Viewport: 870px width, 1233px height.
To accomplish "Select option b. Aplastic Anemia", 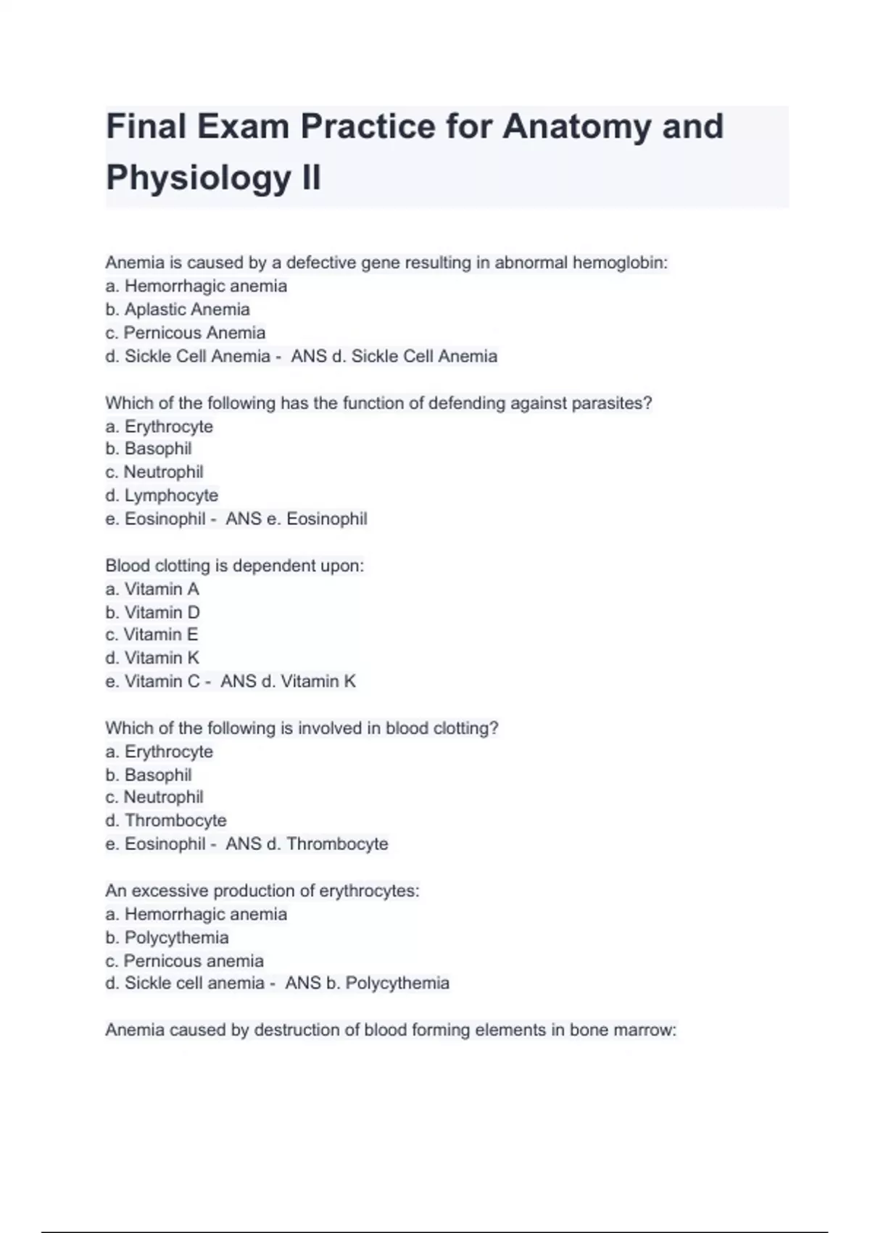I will [x=178, y=310].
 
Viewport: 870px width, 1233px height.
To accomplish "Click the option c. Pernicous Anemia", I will [x=186, y=333].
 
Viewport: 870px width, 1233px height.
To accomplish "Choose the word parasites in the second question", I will [x=611, y=403].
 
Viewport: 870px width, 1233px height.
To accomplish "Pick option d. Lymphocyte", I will [x=162, y=495].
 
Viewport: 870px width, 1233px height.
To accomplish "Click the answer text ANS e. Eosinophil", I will [x=297, y=519].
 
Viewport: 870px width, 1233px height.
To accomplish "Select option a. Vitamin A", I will [x=152, y=589].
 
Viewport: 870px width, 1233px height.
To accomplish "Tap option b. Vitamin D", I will [x=152, y=612].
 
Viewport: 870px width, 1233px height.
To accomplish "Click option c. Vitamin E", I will [x=152, y=635].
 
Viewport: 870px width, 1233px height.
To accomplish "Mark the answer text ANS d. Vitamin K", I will [x=289, y=682].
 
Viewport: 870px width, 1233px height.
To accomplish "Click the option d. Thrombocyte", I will [x=166, y=820].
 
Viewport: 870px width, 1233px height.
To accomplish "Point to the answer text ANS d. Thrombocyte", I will [x=307, y=844].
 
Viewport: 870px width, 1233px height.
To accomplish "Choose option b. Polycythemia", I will [x=167, y=938].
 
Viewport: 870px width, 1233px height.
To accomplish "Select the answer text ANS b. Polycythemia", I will [x=368, y=983].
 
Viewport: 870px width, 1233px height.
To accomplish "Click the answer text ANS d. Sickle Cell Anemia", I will [x=394, y=357].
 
